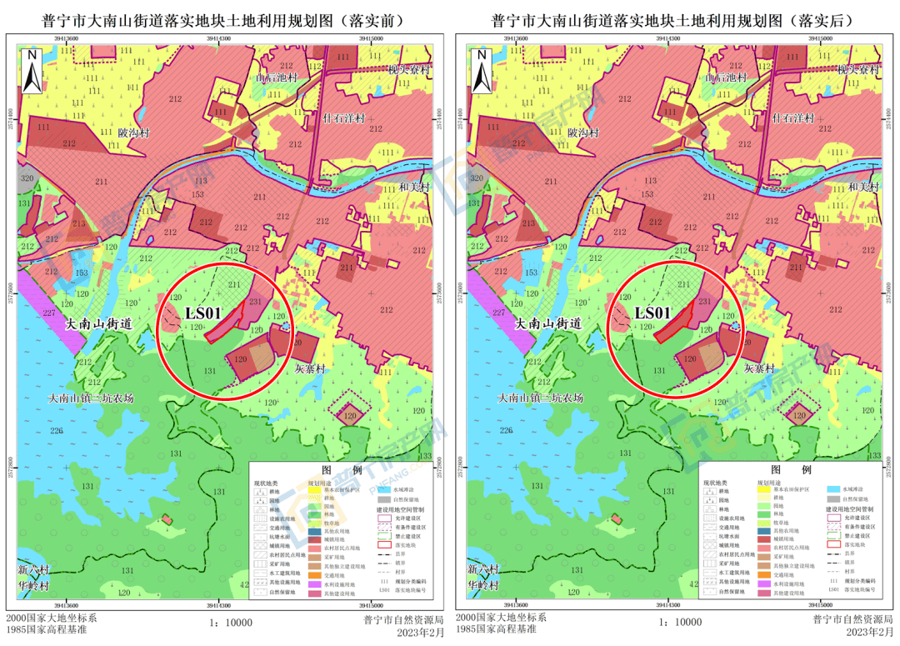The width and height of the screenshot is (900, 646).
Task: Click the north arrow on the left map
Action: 32,72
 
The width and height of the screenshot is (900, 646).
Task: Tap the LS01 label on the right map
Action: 652,313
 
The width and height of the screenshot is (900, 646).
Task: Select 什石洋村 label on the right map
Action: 787,118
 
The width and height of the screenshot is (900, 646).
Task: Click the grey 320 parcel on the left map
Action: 27,178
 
